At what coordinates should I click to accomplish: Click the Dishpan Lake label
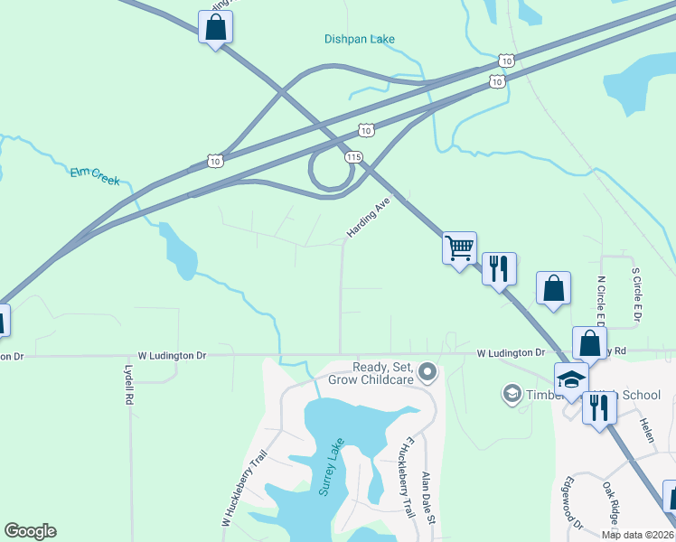point(360,39)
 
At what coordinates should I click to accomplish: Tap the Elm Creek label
point(95,175)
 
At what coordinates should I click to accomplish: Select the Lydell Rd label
point(128,384)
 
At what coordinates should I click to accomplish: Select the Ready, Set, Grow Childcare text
point(383,373)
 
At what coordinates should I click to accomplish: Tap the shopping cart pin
point(459,247)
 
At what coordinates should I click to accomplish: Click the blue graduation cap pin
point(571,378)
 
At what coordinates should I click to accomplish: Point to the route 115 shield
point(353,157)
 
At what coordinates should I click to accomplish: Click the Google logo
point(30,531)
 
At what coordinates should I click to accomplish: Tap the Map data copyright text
point(637,535)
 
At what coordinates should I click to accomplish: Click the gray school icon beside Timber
point(512,395)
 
